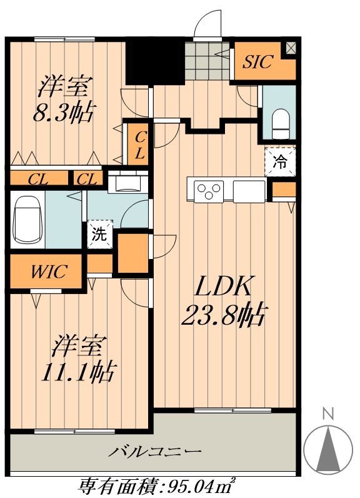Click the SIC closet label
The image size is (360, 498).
[259, 62]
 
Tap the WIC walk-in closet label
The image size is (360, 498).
[46, 272]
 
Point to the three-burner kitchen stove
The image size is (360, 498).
[209, 190]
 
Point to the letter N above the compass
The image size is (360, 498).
[326, 414]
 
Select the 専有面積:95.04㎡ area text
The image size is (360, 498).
[156, 485]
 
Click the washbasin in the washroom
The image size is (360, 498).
[127, 183]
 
